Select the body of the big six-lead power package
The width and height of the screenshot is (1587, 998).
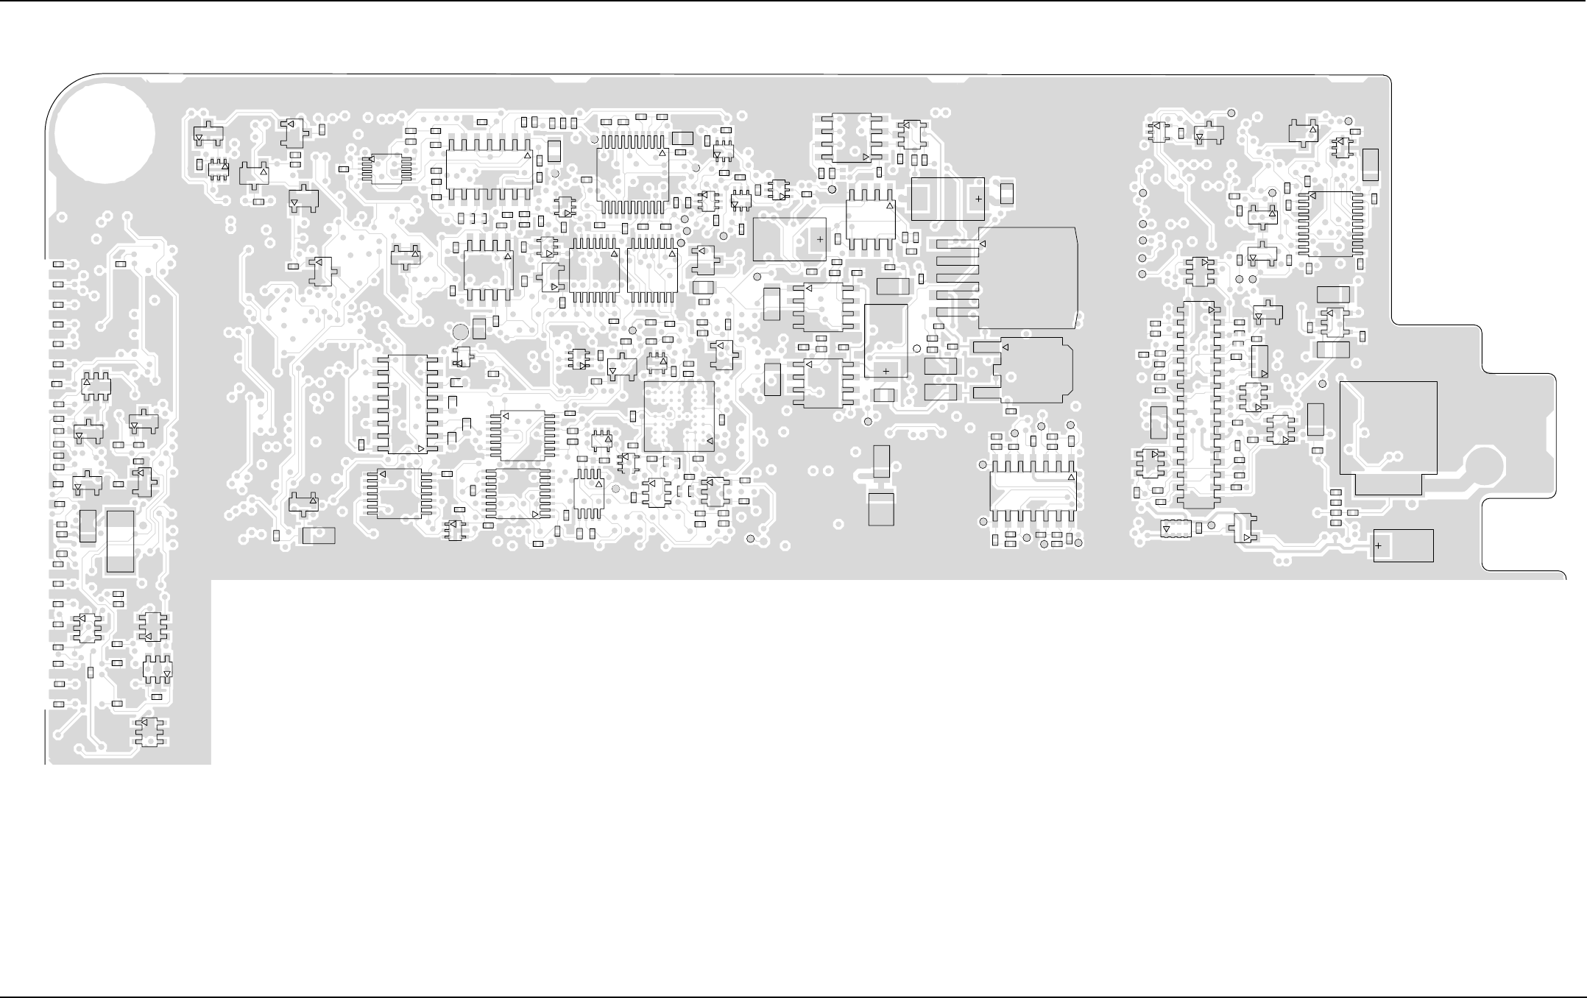tap(1028, 278)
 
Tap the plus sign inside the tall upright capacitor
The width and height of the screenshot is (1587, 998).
tap(886, 371)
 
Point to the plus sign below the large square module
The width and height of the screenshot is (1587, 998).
tap(1378, 545)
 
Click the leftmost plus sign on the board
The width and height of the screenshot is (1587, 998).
tap(820, 239)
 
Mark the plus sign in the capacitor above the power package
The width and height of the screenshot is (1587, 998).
tap(978, 199)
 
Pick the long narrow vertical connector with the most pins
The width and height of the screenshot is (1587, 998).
tap(1198, 404)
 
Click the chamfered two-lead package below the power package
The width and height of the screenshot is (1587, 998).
tap(1035, 370)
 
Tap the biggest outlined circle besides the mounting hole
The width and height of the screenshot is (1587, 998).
tap(459, 332)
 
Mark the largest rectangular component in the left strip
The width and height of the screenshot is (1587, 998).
tap(120, 541)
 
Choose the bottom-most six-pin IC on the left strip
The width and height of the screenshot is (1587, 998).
tap(151, 732)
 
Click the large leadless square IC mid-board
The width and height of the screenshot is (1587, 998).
tap(679, 416)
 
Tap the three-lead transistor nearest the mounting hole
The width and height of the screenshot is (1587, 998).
tap(208, 135)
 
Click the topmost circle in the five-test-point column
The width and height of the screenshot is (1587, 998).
tap(1143, 194)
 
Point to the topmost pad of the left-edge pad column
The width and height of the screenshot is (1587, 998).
tap(58, 263)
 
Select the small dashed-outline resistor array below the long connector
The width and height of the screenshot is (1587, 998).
tap(1176, 528)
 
